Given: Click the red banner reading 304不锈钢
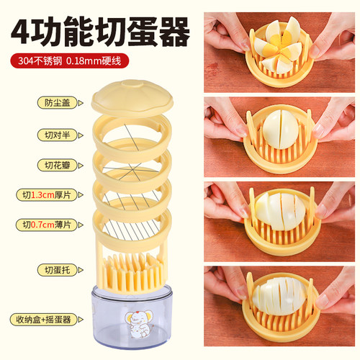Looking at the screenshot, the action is [x=70, y=60].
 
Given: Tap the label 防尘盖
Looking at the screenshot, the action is [x=58, y=103].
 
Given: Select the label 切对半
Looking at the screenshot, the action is [x=58, y=135].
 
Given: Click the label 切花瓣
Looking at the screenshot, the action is [x=58, y=166].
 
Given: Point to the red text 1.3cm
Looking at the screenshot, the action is [x=42, y=195].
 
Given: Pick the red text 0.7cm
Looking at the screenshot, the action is [x=42, y=225].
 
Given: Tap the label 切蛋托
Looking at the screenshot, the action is [x=58, y=270].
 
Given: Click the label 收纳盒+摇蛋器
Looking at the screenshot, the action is [x=44, y=320].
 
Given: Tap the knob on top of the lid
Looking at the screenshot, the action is [x=132, y=84].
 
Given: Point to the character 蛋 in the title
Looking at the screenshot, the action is [x=142, y=32].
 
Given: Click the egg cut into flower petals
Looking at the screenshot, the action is [x=279, y=46].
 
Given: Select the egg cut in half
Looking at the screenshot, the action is [x=280, y=129].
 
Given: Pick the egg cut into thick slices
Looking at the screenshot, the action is [x=280, y=211].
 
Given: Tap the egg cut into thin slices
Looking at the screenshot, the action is [x=279, y=296].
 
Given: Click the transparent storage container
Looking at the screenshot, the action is [x=132, y=317].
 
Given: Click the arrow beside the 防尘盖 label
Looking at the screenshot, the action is [x=81, y=103].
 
